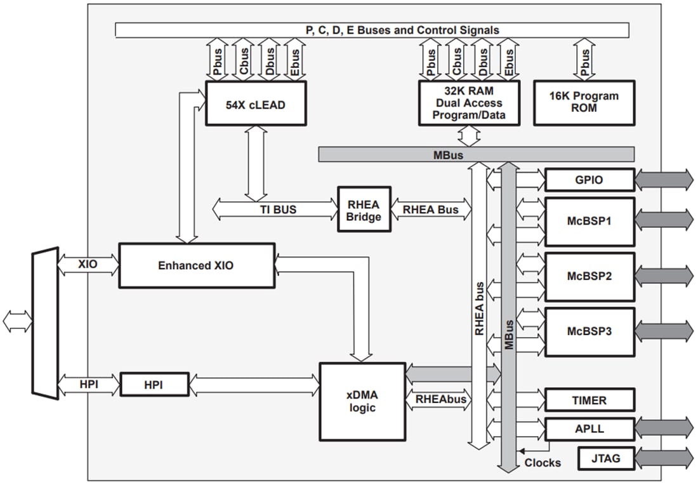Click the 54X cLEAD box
point(255,103)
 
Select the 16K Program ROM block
point(584,102)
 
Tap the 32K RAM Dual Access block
point(468,102)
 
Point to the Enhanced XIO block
point(196,265)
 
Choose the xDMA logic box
point(362,401)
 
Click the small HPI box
point(154,385)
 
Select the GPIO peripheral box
point(589,180)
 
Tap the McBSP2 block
point(589,277)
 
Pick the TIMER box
point(589,401)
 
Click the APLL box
point(589,429)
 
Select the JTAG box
point(606,458)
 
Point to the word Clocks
point(542,463)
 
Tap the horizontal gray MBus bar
point(476,154)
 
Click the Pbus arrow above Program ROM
point(584,60)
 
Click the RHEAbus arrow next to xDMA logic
point(440,399)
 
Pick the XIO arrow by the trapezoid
point(88,264)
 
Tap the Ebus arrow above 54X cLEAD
point(294,60)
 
